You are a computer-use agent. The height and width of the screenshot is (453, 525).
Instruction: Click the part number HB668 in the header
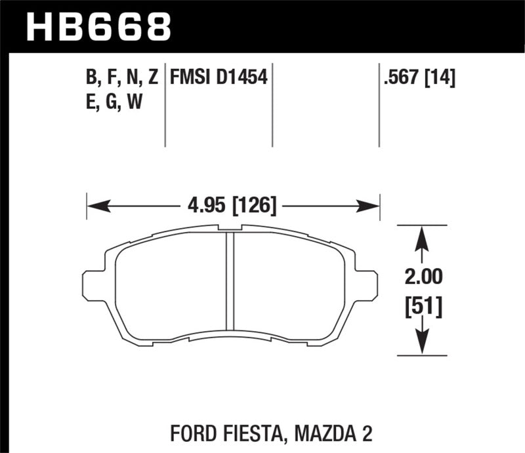click(x=98, y=27)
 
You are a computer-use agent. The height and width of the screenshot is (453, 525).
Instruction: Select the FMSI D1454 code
click(x=218, y=79)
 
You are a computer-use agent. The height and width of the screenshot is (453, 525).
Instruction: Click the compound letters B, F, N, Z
click(x=121, y=79)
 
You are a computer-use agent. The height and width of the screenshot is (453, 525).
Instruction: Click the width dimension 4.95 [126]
click(x=233, y=206)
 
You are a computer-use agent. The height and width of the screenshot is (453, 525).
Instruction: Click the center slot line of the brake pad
click(x=230, y=282)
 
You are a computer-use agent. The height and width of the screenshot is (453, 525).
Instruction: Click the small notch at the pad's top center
click(x=230, y=229)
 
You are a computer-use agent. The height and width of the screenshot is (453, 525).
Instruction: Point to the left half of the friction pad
click(x=171, y=285)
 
